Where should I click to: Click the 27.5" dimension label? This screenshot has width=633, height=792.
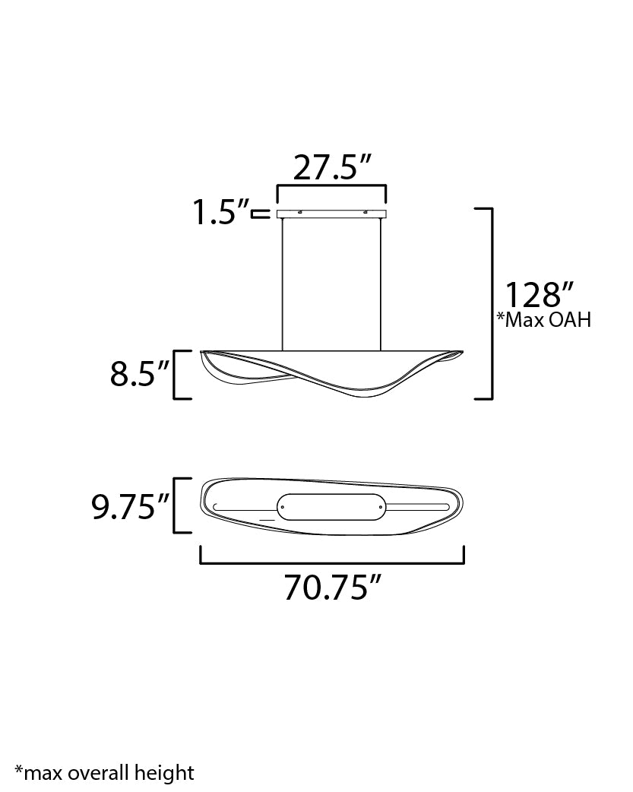[x=332, y=167]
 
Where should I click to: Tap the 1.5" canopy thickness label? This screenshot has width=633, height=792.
[x=221, y=212]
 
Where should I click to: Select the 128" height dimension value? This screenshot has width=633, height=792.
[x=540, y=295]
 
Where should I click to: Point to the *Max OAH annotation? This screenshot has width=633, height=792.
[x=543, y=320]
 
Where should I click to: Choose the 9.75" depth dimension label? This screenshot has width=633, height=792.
[x=130, y=507]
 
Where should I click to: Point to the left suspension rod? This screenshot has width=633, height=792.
[x=283, y=284]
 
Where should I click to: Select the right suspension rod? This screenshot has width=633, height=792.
[x=381, y=284]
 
